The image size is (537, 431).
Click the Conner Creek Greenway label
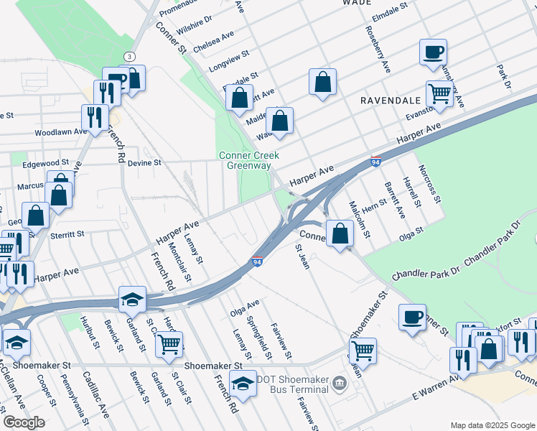coord(248,160)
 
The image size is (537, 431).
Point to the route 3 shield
coord(129,56)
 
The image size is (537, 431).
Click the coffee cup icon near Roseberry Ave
coord(434,53)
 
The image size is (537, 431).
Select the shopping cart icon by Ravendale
coord(439,93)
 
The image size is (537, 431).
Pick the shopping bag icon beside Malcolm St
coord(340,233)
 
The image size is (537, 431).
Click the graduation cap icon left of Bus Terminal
coord(243,383)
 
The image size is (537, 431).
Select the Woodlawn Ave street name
coord(60,133)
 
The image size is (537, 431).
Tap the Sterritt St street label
coord(67,234)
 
